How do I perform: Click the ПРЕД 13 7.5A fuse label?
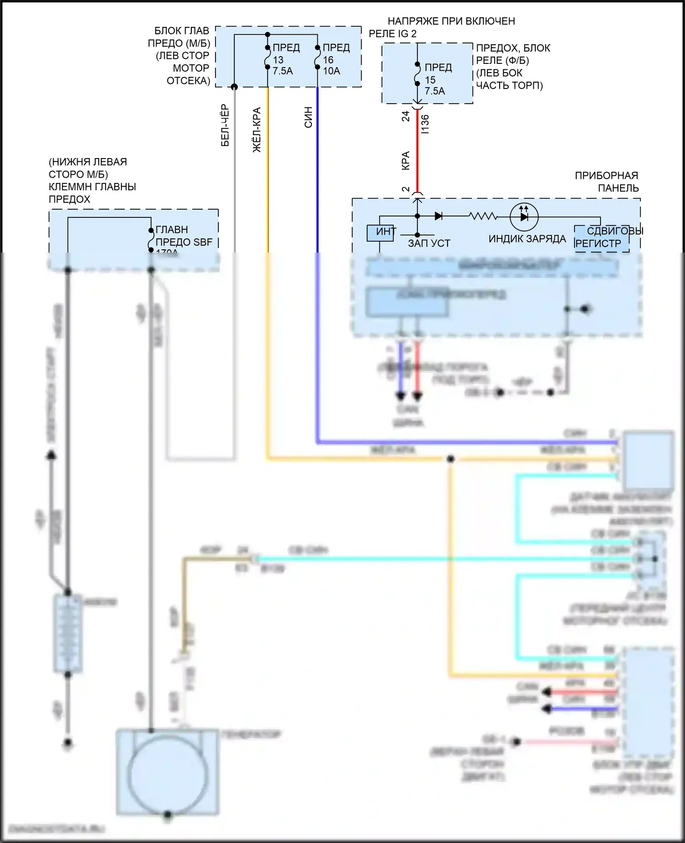(x=285, y=59)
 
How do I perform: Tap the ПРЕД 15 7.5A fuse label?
(x=437, y=79)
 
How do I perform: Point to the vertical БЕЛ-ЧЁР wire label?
(x=225, y=126)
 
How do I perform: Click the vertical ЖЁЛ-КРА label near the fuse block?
(x=257, y=130)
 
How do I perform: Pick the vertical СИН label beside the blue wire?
(x=308, y=117)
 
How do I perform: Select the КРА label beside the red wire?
(x=406, y=161)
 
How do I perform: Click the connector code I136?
(x=425, y=124)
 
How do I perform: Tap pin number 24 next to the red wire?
(x=406, y=116)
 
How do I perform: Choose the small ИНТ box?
(x=380, y=233)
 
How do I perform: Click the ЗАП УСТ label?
(x=429, y=243)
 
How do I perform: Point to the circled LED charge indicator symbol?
(x=524, y=217)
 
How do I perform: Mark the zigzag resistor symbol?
(x=483, y=216)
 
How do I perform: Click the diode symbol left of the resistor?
(x=438, y=216)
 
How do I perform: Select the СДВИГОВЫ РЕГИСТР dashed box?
(x=601, y=238)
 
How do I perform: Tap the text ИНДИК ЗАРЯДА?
(x=527, y=239)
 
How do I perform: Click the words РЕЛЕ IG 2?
(x=392, y=34)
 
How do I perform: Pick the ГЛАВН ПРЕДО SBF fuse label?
(x=184, y=236)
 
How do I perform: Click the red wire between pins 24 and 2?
(x=417, y=151)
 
